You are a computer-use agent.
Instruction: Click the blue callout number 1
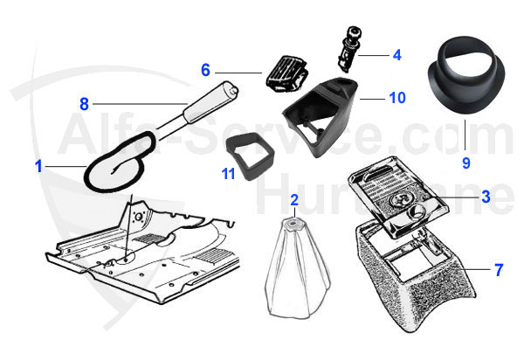pyautogui.click(x=39, y=166)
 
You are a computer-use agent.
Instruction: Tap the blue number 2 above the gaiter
pyautogui.click(x=294, y=200)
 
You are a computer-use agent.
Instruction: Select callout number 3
pyautogui.click(x=486, y=197)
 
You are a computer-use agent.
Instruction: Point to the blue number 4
pyautogui.click(x=396, y=55)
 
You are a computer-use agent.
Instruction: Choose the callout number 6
pyautogui.click(x=205, y=70)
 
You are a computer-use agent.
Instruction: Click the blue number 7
pyautogui.click(x=499, y=270)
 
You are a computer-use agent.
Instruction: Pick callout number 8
pyautogui.click(x=84, y=104)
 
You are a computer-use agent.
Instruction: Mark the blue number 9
pyautogui.click(x=466, y=163)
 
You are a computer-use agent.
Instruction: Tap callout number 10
pyautogui.click(x=397, y=98)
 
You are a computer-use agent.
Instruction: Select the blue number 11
pyautogui.click(x=228, y=174)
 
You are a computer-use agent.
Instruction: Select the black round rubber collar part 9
pyautogui.click(x=466, y=75)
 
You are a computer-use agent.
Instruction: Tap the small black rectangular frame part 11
pyautogui.click(x=250, y=156)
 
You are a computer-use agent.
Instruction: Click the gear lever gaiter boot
pyautogui.click(x=297, y=267)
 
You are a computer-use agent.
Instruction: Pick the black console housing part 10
pyautogui.click(x=319, y=117)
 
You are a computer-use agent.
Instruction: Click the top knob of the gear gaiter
pyautogui.click(x=293, y=222)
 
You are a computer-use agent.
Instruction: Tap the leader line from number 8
pyautogui.click(x=140, y=104)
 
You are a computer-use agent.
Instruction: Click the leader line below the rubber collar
pyautogui.click(x=465, y=135)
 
